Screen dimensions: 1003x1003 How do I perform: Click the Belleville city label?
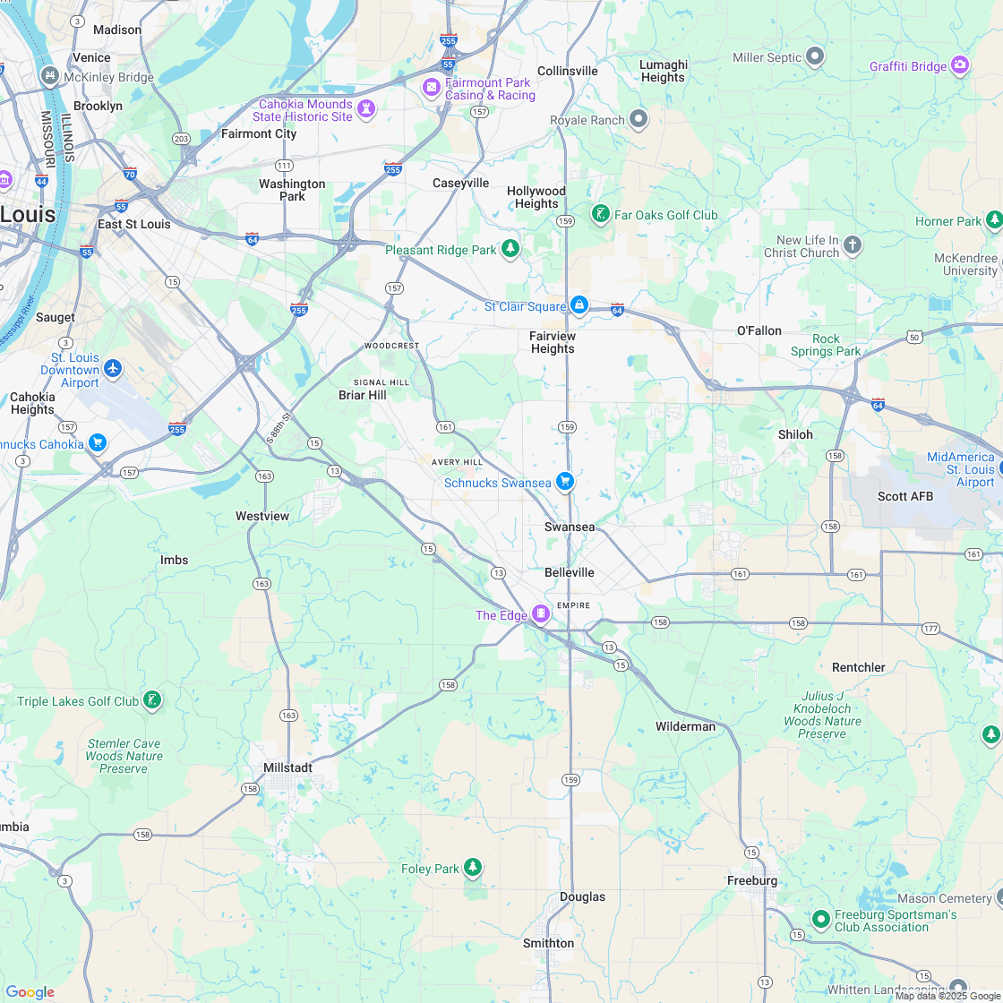tap(569, 572)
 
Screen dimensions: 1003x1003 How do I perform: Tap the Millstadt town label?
tap(287, 767)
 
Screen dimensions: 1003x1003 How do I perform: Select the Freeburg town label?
tap(752, 880)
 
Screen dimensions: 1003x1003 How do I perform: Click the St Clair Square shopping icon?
tap(579, 305)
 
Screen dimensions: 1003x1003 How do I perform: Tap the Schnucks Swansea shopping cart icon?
tap(564, 482)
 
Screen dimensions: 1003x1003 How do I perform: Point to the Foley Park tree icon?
tap(473, 868)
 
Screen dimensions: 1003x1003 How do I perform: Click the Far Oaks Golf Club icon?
tap(600, 214)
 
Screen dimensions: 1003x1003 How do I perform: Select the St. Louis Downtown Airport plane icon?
tap(113, 368)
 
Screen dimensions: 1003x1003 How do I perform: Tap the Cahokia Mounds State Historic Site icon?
tap(365, 109)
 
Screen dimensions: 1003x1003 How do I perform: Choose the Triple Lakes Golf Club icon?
tap(152, 699)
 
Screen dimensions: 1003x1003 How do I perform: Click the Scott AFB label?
tap(904, 496)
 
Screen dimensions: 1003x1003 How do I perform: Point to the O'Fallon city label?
tap(759, 330)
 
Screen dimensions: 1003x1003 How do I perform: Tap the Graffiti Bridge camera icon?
tap(960, 64)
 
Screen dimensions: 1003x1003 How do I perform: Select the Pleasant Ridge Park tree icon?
tap(510, 249)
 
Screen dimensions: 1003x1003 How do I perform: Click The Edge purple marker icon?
tap(540, 613)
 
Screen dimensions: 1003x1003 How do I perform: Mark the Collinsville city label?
tap(567, 71)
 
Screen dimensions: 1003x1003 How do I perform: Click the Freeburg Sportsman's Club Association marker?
tap(820, 919)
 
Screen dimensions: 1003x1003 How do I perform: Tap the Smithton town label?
tap(548, 943)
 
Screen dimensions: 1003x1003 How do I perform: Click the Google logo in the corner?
tap(30, 991)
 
